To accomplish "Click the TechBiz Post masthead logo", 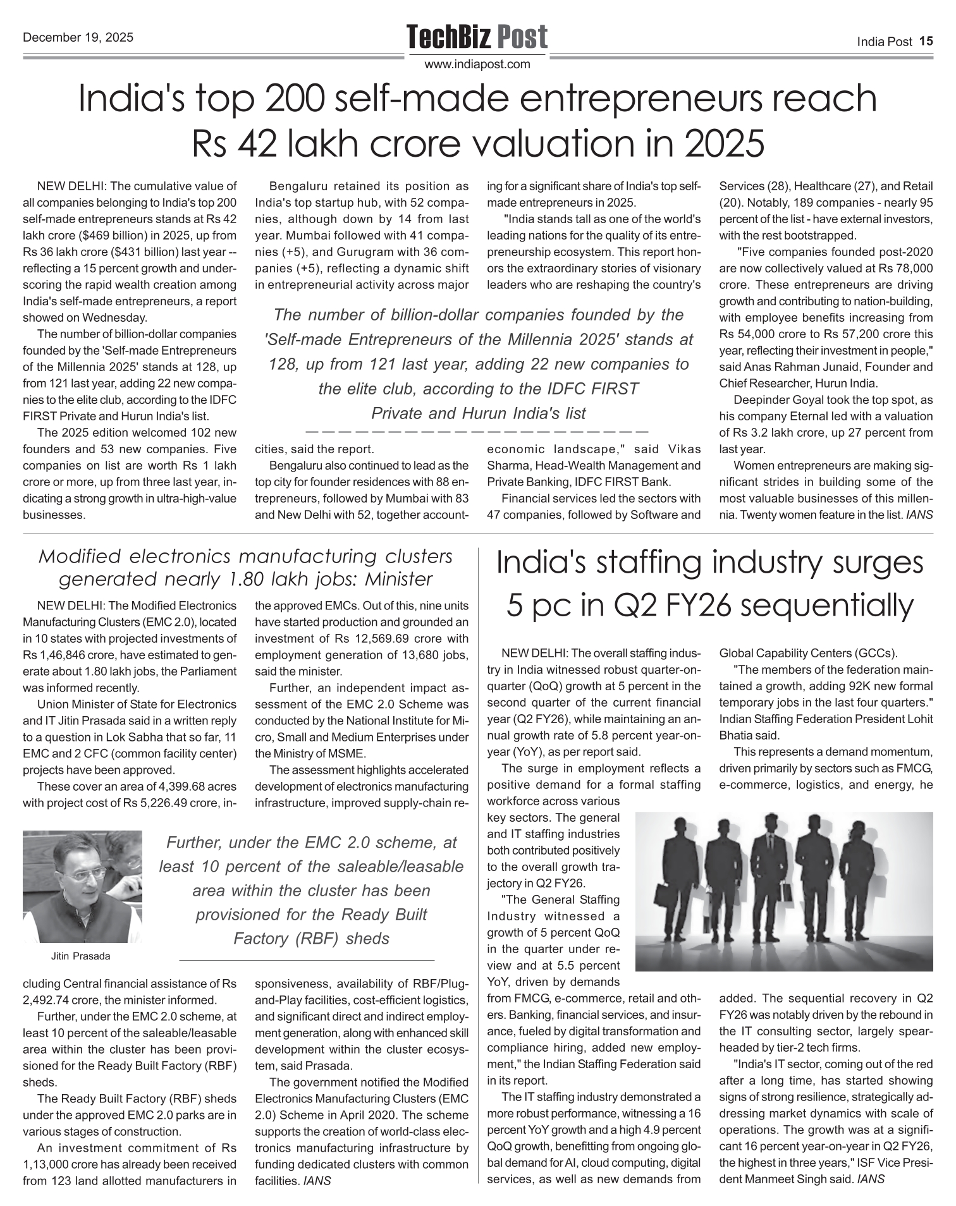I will (477, 37).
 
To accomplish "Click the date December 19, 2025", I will (78, 37).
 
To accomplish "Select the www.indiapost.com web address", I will (477, 64).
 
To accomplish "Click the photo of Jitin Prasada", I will (82, 886).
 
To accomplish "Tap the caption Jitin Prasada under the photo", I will (80, 956).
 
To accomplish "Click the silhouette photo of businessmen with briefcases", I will (783, 891).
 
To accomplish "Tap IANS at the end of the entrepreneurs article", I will (919, 515).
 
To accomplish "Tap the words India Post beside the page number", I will (885, 42).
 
